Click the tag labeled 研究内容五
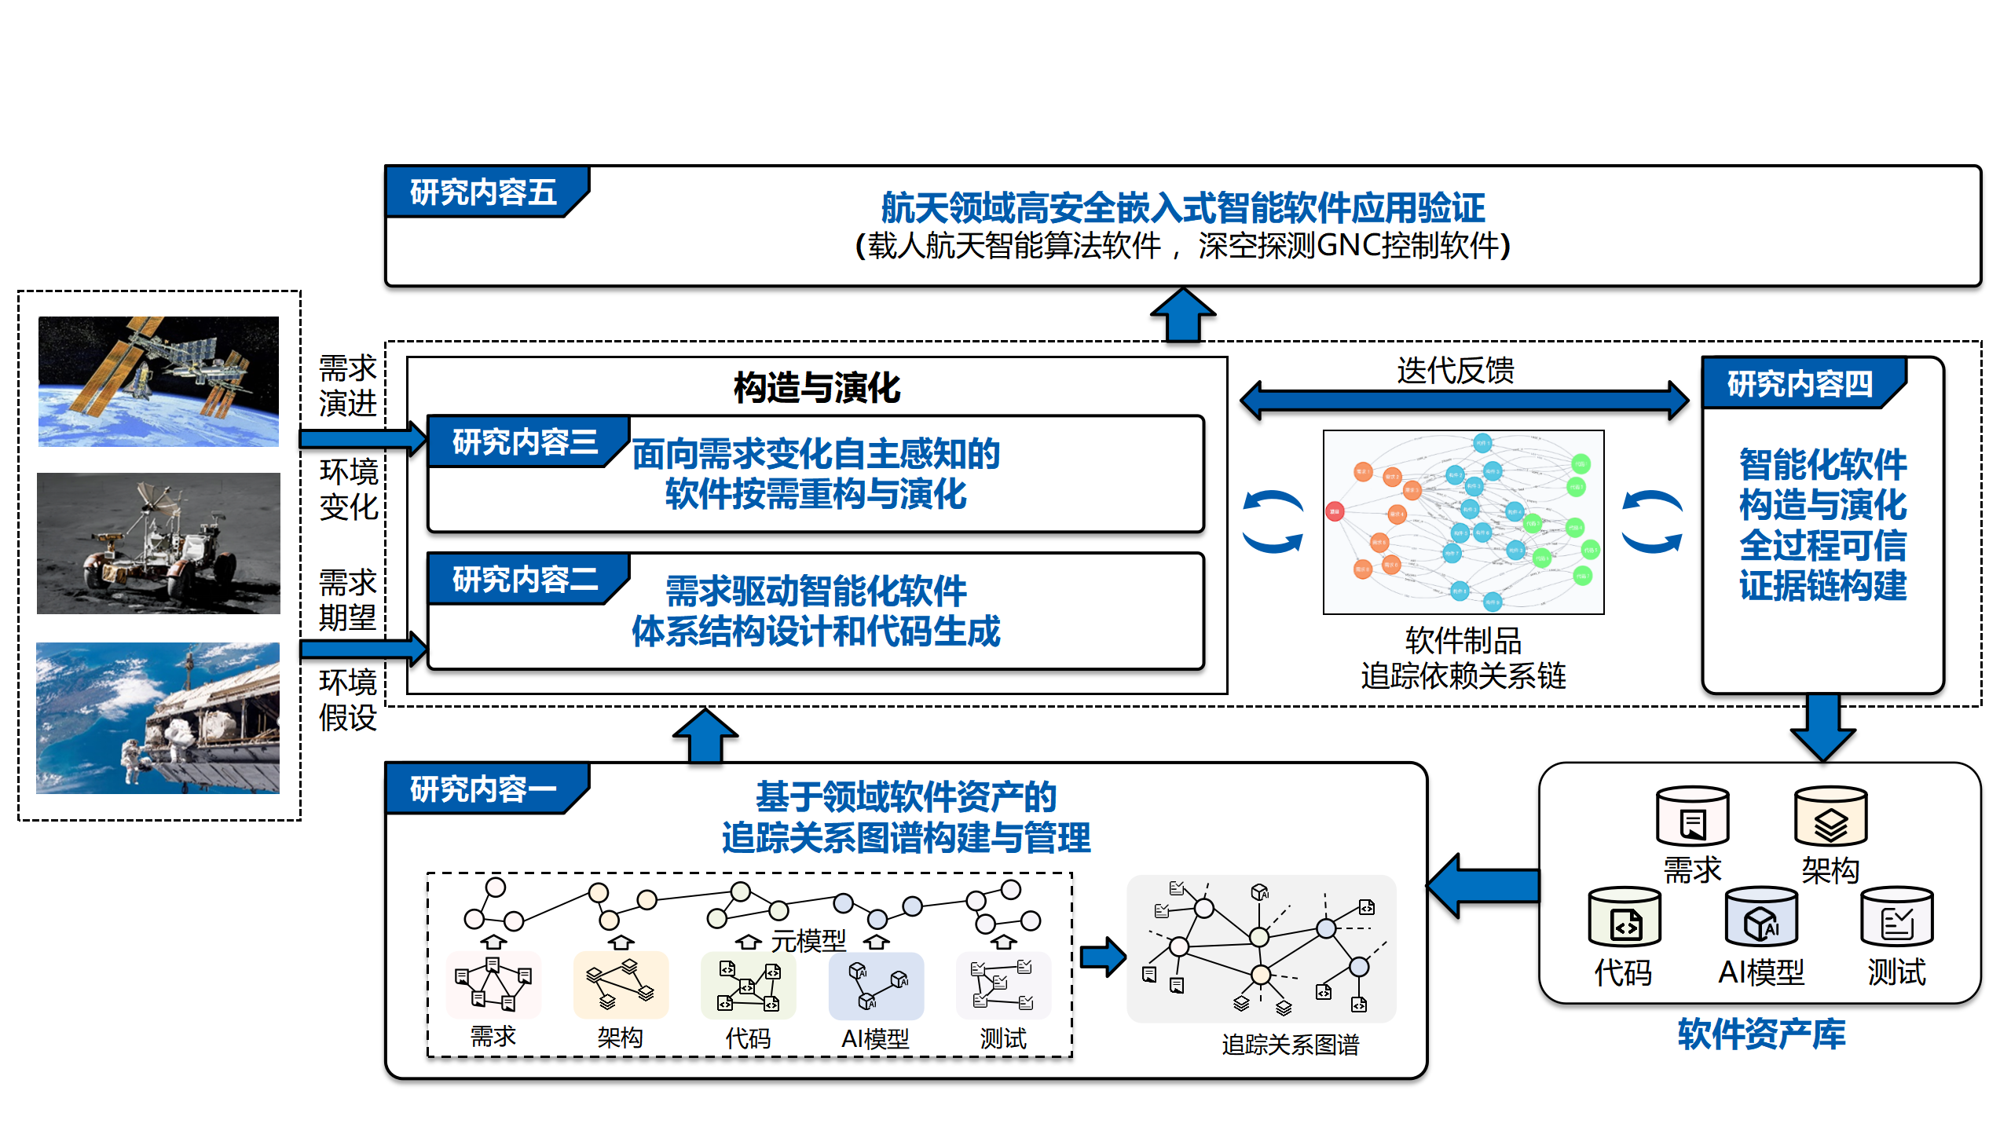point(483,192)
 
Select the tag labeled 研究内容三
point(525,442)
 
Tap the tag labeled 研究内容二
point(525,580)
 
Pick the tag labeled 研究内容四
point(1800,384)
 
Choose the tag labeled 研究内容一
point(483,789)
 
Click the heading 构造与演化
point(817,388)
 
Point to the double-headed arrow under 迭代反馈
point(1464,400)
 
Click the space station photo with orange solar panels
point(159,382)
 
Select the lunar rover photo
point(159,544)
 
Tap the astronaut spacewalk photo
point(158,718)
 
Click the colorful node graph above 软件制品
point(1463,522)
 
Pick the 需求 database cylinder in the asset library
point(1692,818)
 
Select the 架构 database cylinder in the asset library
point(1830,818)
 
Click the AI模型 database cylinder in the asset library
point(1761,918)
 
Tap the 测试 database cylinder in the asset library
point(1897,918)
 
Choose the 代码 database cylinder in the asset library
point(1624,918)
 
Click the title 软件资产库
point(1761,1034)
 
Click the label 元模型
point(808,940)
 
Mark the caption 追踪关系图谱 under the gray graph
point(1290,1045)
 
